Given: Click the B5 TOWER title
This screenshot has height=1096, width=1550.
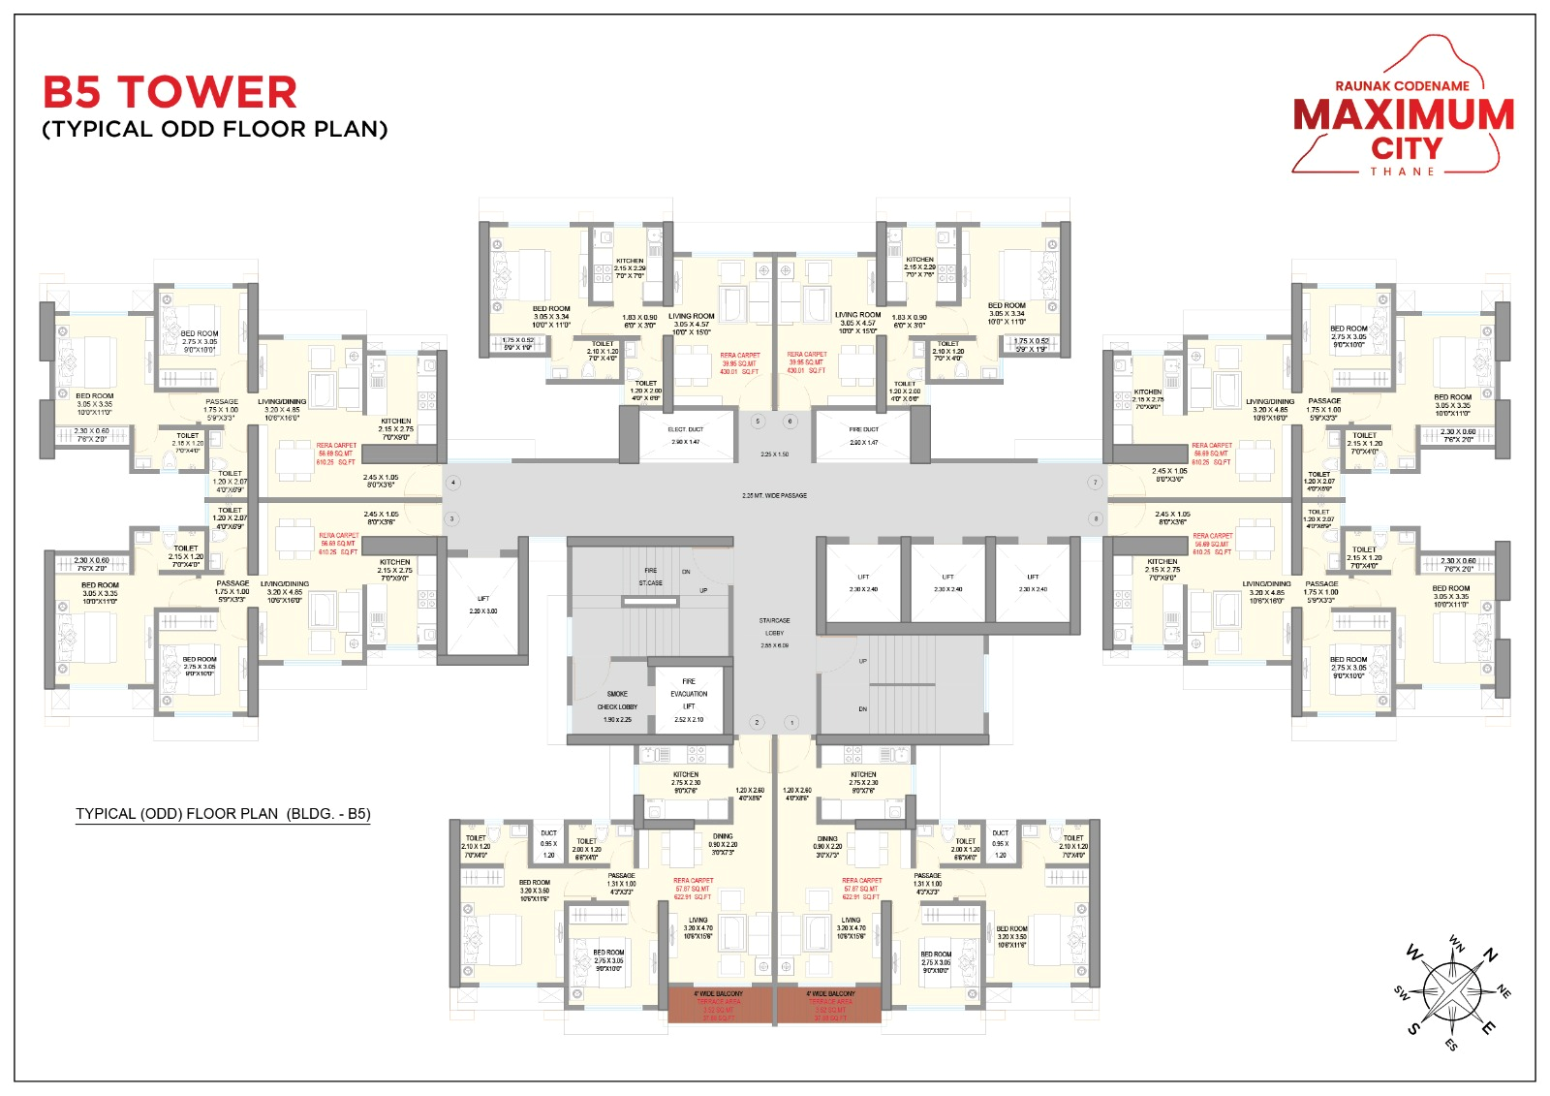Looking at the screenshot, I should pyautogui.click(x=170, y=93).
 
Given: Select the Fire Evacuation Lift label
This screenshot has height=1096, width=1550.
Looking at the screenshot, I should pyautogui.click(x=689, y=694).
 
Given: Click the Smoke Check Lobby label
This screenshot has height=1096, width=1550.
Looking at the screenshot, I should pyautogui.click(x=617, y=701).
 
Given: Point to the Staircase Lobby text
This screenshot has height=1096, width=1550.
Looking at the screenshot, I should pyautogui.click(x=774, y=626).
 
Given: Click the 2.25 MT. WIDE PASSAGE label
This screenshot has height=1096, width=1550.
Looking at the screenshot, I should pyautogui.click(x=774, y=495).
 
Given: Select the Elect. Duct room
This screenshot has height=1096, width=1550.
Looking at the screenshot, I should pyautogui.click(x=686, y=435).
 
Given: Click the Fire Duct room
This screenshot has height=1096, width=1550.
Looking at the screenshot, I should pyautogui.click(x=863, y=435).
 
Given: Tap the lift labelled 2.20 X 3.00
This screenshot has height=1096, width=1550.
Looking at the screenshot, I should pyautogui.click(x=482, y=605).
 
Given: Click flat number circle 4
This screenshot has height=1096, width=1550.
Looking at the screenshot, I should pyautogui.click(x=452, y=482).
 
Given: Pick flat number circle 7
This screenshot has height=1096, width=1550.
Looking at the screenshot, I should pyautogui.click(x=1096, y=482).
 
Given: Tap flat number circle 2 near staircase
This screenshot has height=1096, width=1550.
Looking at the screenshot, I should pyautogui.click(x=758, y=722).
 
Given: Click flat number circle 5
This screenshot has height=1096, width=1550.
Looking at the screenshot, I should pyautogui.click(x=758, y=422).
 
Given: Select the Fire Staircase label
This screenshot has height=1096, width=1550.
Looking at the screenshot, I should pyautogui.click(x=650, y=577).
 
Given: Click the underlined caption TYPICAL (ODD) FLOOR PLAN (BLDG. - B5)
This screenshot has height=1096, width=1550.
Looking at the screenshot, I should pyautogui.click(x=223, y=814).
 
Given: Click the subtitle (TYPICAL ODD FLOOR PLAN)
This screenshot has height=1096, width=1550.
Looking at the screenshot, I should pyautogui.click(x=214, y=129).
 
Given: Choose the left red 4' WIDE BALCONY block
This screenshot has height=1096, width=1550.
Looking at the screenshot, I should pyautogui.click(x=719, y=1005).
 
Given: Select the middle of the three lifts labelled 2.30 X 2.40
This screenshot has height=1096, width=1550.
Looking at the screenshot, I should pyautogui.click(x=947, y=582).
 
